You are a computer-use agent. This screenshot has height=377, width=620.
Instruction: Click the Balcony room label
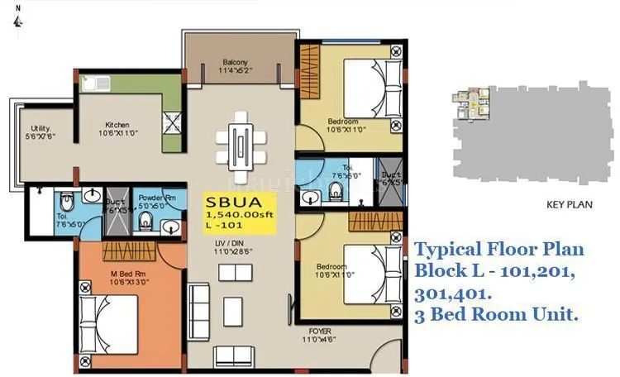[x=236, y=62]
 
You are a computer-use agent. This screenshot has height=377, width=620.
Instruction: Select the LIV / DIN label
[x=228, y=242]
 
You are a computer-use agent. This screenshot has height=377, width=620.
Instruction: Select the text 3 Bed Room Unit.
[x=496, y=314]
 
